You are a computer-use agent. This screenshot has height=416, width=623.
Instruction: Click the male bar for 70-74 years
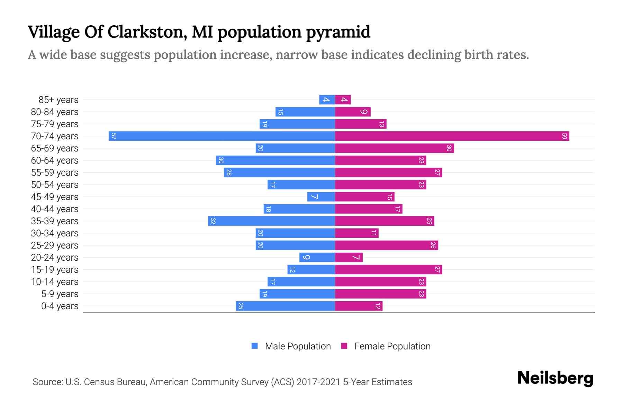tap(222, 136)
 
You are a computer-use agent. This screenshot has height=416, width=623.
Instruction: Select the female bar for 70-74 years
tap(452, 136)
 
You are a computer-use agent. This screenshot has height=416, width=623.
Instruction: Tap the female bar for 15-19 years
tap(388, 269)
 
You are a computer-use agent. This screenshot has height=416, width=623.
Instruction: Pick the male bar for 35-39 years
tap(271, 221)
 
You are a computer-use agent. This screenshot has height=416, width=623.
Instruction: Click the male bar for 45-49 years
tap(321, 197)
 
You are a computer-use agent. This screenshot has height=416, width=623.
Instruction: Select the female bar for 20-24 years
tap(349, 257)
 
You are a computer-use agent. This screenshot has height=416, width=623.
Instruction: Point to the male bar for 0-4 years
tap(285, 306)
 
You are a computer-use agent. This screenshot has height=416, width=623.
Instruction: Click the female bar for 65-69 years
tap(394, 148)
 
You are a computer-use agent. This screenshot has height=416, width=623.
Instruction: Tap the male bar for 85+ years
tap(327, 99)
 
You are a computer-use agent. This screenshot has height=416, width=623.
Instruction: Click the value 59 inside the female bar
tap(564, 136)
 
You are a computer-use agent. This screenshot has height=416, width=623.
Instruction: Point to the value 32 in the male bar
tap(213, 221)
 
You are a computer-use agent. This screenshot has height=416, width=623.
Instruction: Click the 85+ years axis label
tap(58, 100)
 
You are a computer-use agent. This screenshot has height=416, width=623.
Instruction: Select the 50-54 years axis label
tap(55, 185)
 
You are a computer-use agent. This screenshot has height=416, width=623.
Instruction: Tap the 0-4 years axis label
tap(60, 306)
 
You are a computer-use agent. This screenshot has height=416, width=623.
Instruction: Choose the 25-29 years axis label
tap(55, 245)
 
